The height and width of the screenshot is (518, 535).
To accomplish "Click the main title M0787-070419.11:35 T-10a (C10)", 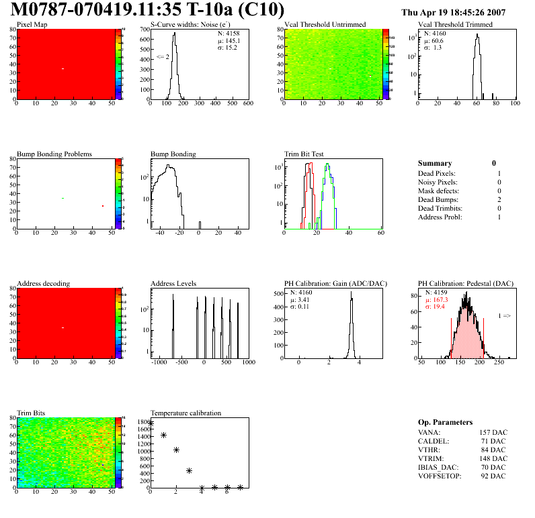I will [x=149, y=11].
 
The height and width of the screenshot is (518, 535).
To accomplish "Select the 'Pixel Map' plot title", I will [x=32, y=25].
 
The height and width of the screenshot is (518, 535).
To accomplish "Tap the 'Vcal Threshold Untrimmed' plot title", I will [x=325, y=25].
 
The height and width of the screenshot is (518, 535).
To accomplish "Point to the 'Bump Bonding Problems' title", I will [x=54, y=154].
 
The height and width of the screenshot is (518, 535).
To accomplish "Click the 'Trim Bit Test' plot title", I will [x=304, y=154].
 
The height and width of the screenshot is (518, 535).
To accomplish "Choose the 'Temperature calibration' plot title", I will [x=186, y=413].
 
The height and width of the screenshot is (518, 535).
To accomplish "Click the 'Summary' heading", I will [x=435, y=163].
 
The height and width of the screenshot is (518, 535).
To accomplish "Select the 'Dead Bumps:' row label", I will [x=438, y=200].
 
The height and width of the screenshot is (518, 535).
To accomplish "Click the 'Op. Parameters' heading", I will [x=445, y=422].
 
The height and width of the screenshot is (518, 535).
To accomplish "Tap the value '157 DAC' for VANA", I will [x=492, y=432].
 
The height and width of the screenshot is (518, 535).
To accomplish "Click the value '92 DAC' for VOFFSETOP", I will [x=494, y=476].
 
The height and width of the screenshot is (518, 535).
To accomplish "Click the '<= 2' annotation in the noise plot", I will [x=163, y=57].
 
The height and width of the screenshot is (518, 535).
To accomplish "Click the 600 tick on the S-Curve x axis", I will [x=247, y=103].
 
